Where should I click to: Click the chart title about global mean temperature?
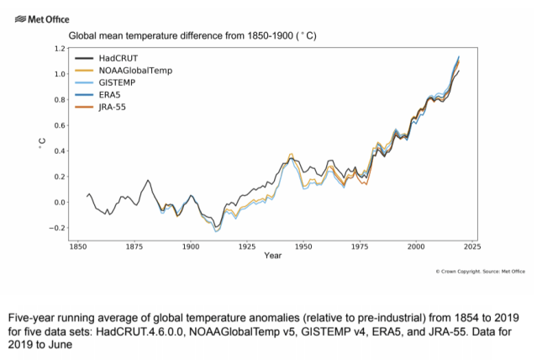click(192, 37)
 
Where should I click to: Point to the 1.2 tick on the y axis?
click(58, 49)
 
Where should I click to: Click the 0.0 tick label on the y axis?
click(58, 203)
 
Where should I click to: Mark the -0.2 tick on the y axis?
click(56, 228)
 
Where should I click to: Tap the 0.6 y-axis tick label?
click(58, 126)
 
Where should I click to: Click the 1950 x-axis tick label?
click(303, 247)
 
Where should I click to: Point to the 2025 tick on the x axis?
click(471, 247)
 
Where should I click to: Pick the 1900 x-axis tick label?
click(191, 247)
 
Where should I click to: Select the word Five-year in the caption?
click(31, 318)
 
